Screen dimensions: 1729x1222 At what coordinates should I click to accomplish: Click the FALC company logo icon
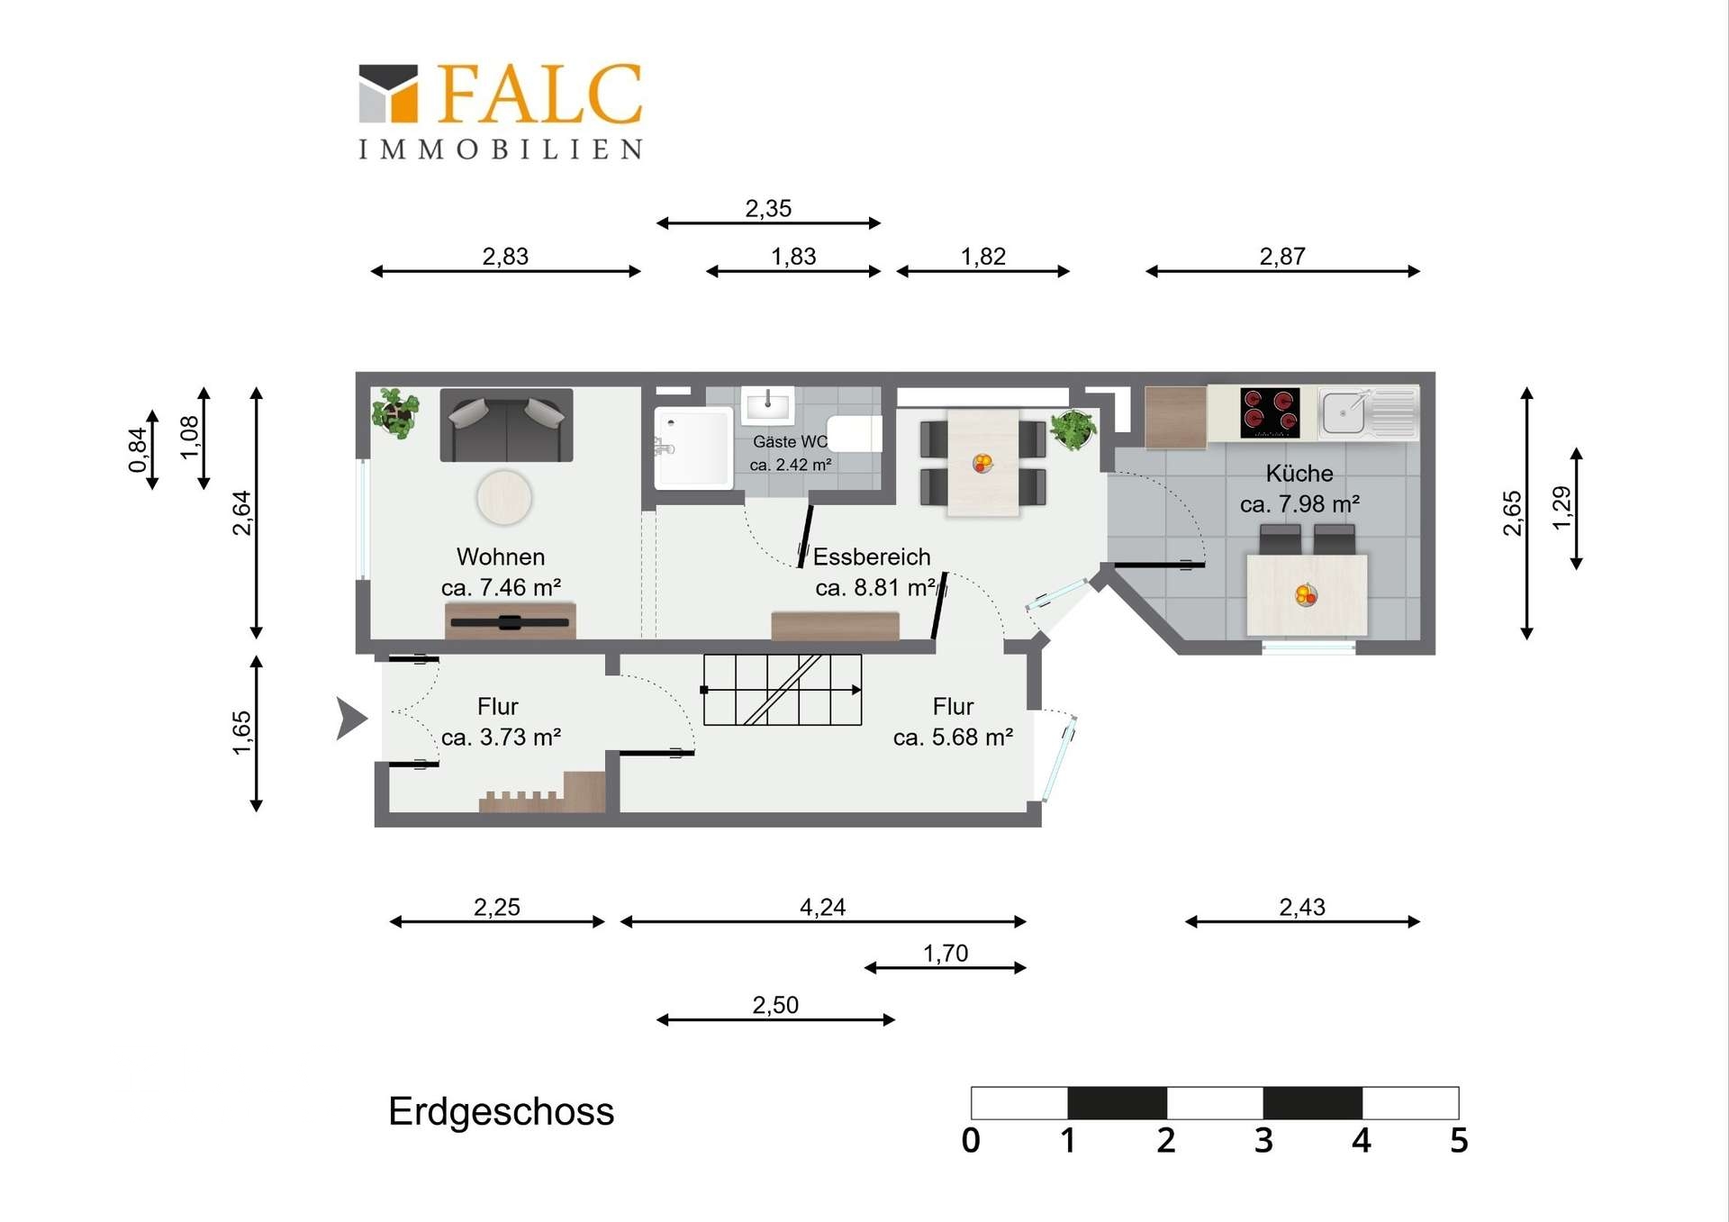[388, 93]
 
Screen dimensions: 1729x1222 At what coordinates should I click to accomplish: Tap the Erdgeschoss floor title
[501, 1111]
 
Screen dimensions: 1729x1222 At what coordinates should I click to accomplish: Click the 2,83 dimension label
[505, 257]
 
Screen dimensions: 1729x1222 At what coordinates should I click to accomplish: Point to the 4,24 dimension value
[822, 907]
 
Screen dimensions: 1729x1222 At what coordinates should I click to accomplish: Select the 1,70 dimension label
[946, 953]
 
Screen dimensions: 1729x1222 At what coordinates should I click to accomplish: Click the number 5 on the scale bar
[1459, 1141]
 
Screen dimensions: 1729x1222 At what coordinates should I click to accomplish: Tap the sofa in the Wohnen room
[506, 425]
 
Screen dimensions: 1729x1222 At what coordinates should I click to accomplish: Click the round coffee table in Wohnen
[504, 497]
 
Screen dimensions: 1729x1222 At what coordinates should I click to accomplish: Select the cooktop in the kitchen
[1270, 412]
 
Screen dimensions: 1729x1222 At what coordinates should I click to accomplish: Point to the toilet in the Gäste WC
[854, 433]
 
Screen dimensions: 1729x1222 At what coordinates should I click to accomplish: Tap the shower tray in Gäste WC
[693, 448]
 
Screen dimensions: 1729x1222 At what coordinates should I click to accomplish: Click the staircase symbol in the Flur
[783, 690]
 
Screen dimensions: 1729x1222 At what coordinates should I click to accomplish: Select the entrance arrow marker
[351, 718]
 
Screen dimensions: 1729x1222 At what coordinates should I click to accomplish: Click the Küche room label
[1299, 474]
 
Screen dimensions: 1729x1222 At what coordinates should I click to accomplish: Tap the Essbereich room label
[872, 557]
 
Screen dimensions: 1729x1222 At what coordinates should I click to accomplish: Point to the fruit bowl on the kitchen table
[1306, 594]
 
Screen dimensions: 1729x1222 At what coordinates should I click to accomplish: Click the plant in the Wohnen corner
[396, 413]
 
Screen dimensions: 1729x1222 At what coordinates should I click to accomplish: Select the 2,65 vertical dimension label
[1513, 513]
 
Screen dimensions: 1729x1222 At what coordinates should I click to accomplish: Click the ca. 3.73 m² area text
[502, 738]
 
